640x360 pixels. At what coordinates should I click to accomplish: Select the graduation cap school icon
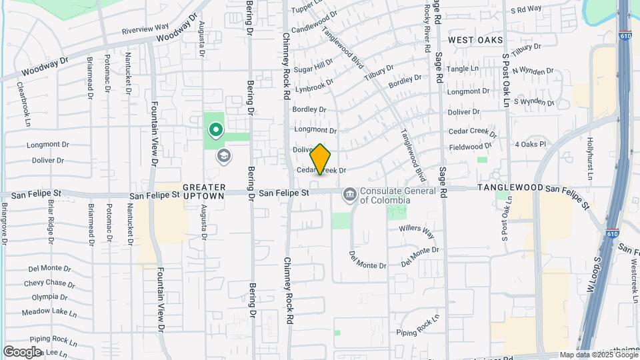(224, 157)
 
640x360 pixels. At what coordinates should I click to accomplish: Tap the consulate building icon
(349, 195)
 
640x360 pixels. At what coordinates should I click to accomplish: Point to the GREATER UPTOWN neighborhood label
(204, 192)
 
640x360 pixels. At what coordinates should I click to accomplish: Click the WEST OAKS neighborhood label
(475, 41)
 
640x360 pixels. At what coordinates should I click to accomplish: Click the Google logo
(22, 351)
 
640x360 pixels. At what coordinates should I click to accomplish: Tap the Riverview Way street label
(146, 29)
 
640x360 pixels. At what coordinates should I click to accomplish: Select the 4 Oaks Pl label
(530, 143)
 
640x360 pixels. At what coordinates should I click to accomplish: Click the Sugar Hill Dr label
(313, 66)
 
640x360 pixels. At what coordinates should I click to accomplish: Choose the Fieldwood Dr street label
(471, 146)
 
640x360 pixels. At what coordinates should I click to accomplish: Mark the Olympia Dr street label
(45, 297)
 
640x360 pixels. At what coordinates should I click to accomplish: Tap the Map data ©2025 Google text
(597, 355)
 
